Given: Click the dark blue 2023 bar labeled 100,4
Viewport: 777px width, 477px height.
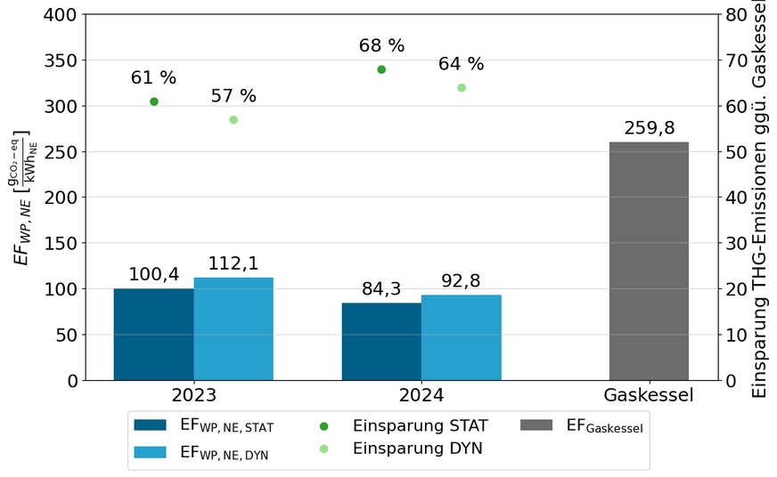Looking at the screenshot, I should tap(153, 334).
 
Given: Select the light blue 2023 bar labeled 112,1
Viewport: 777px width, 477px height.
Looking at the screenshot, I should tap(233, 328).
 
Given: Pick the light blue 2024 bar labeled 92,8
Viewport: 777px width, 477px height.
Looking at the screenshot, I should tap(462, 337).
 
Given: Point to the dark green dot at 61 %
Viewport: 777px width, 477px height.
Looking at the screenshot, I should tap(154, 101).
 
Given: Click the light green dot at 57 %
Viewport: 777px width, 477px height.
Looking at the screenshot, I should tap(233, 119).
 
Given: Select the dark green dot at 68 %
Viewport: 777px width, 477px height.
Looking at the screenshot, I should tap(381, 69).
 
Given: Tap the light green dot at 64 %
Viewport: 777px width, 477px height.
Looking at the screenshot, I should tap(462, 87).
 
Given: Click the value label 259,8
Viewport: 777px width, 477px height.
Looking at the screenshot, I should tap(649, 127).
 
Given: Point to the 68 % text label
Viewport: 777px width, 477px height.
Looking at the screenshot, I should tap(381, 45).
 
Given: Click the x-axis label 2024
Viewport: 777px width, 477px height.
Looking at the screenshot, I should tap(421, 395).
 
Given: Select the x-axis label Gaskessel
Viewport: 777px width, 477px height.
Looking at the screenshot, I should tap(649, 395).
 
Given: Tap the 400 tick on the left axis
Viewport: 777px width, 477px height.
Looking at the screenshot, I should tap(61, 15).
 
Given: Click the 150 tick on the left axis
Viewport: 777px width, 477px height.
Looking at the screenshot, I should tap(61, 243).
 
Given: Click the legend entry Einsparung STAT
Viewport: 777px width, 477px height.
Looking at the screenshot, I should tap(417, 425).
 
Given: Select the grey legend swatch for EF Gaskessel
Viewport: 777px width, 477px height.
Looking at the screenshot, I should tap(537, 425).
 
